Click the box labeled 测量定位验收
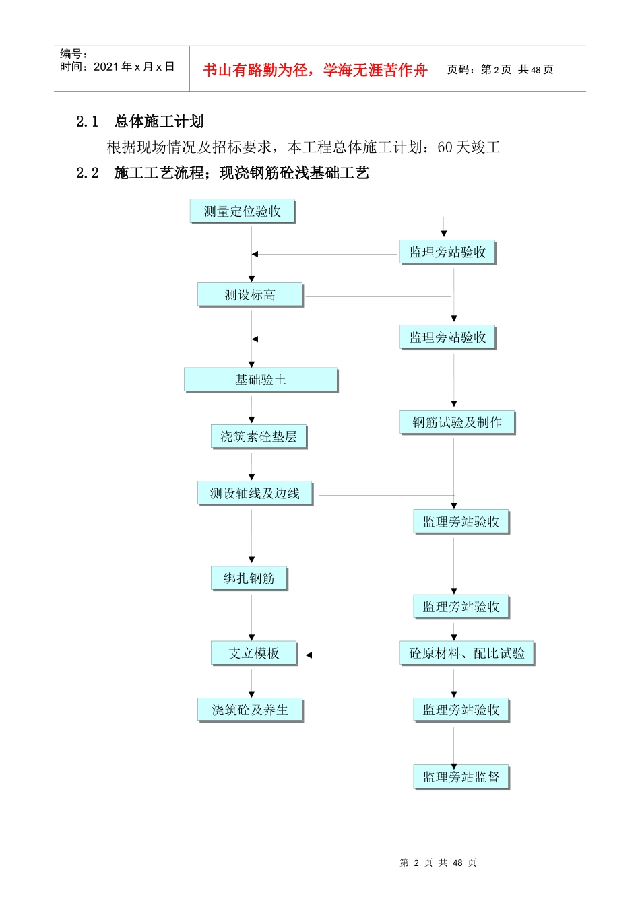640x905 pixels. point(243,211)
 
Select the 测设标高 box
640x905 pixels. point(250,295)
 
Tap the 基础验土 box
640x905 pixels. point(261,380)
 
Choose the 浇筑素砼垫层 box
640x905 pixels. point(259,436)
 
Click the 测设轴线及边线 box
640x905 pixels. point(255,493)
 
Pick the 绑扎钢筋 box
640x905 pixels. point(249,578)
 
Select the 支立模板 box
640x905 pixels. point(254,653)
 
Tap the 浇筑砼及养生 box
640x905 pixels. point(250,710)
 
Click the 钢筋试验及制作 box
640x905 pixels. point(457,422)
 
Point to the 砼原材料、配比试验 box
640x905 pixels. point(467,653)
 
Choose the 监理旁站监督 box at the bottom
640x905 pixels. point(461,777)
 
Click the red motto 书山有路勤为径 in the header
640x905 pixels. point(256,70)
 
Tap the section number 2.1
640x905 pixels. point(88,121)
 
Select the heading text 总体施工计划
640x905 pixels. point(159,121)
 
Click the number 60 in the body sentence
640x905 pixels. point(445,147)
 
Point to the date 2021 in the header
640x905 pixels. point(106,67)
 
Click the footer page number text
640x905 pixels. point(438,863)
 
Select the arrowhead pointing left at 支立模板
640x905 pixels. point(309,655)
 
